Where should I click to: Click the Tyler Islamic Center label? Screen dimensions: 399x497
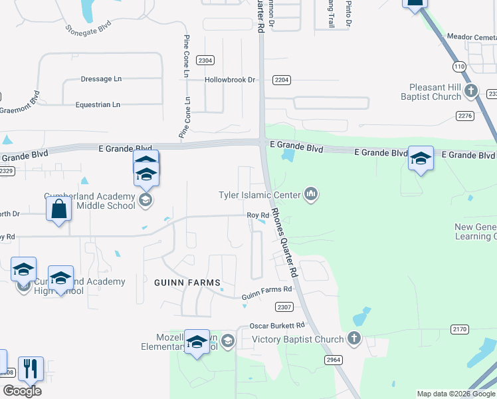pos(260,195)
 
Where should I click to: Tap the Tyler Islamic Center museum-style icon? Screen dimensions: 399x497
pos(310,194)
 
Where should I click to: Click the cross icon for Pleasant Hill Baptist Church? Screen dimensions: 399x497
pos(471,90)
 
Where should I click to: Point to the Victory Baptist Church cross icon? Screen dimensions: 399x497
pos(353,339)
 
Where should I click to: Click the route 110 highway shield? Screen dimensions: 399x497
pos(459,66)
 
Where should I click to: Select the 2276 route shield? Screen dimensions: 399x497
pos(465,116)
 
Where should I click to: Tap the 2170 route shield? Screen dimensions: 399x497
pos(459,329)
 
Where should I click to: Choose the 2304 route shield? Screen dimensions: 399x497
pos(206,61)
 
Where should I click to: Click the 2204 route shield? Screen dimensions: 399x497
pos(282,80)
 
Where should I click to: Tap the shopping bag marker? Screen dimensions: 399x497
pos(59,209)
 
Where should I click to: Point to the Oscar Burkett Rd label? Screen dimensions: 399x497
pos(277,326)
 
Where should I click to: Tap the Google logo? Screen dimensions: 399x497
pos(22,391)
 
